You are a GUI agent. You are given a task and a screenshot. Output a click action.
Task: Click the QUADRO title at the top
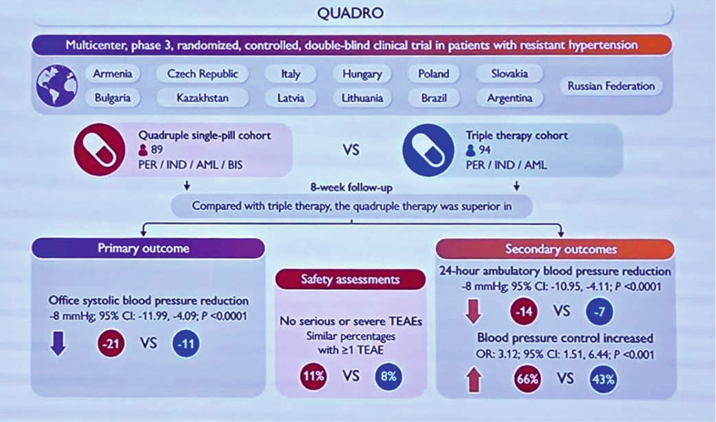[x=350, y=13]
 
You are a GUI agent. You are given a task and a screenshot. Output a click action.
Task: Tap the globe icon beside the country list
[x=57, y=86]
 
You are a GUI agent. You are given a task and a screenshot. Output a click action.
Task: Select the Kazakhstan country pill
[x=202, y=98]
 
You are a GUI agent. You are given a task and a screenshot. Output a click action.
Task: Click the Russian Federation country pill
[x=611, y=86]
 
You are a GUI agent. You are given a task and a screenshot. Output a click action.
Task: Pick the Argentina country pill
[x=510, y=98]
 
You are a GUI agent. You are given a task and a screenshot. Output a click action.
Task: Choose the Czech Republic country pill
[x=202, y=74]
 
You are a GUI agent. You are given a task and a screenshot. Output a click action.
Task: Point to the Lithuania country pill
[x=362, y=98]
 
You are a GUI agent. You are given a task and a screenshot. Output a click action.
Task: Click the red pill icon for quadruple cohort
[x=99, y=150]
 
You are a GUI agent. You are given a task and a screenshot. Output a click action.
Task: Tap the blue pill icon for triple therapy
[x=429, y=150]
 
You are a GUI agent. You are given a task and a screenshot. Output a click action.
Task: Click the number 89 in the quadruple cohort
[x=157, y=150]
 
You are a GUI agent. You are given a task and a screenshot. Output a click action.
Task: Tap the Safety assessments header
[x=350, y=280]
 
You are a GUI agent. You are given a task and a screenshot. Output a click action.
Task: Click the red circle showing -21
[x=111, y=343]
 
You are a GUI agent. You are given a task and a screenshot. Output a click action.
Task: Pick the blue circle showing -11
[x=186, y=343]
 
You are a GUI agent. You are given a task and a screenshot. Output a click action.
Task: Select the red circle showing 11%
[x=313, y=376]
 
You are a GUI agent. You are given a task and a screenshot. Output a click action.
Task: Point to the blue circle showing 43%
[x=603, y=379]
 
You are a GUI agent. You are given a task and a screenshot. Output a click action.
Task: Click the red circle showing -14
[x=523, y=311]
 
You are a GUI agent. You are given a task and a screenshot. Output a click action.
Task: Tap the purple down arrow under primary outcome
[x=59, y=344]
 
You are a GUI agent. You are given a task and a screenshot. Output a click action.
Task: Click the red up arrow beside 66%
[x=474, y=380]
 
